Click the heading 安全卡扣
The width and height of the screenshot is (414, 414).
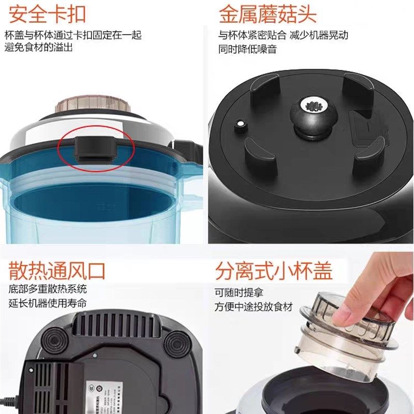click(x=47, y=14)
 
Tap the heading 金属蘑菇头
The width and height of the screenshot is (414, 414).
click(x=268, y=14)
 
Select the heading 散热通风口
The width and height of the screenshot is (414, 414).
click(x=57, y=271)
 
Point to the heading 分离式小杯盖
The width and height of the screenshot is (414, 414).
click(x=274, y=271)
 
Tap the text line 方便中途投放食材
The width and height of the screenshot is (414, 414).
click(x=254, y=306)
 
